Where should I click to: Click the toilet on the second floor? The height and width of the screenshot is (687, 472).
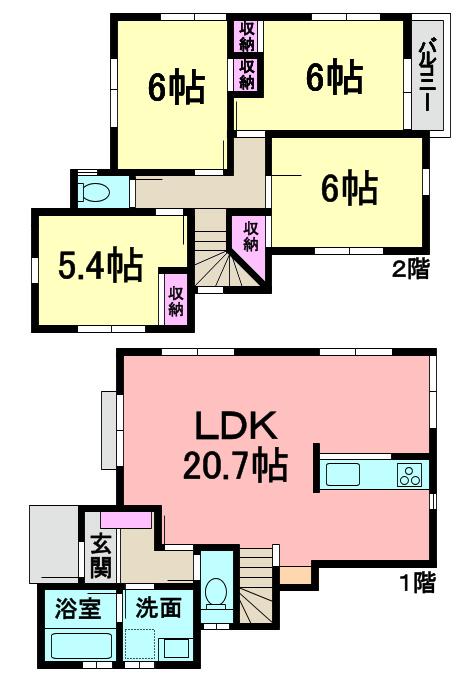(96, 192)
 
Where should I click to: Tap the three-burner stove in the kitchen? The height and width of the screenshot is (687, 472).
(411, 475)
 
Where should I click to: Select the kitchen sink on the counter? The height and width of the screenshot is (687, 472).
(345, 475)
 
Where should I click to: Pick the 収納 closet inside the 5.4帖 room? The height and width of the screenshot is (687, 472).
(176, 299)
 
